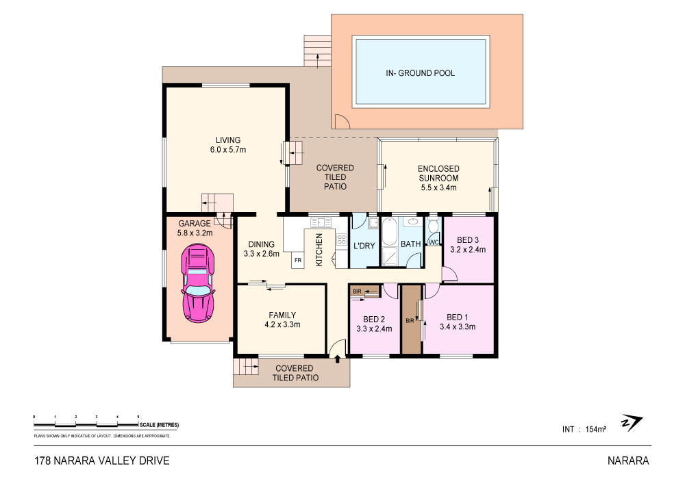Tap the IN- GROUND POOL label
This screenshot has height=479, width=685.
[x=421, y=73]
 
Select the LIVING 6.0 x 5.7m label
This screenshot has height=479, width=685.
[x=227, y=144]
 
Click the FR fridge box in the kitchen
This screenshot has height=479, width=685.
[x=297, y=261]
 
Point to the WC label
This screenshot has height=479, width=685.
[x=433, y=242]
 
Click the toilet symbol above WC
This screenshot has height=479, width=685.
[x=432, y=226]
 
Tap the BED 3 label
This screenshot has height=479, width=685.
[x=467, y=239]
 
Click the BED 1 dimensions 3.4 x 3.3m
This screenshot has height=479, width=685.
[x=458, y=326]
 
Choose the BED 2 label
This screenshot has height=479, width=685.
[x=374, y=319]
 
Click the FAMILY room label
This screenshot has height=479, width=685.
[x=282, y=315]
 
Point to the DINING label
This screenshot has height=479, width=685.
[x=261, y=244]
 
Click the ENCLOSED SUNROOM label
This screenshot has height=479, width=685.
[x=438, y=173]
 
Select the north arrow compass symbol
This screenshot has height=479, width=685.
[x=631, y=423]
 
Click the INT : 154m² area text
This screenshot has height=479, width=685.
[x=584, y=429]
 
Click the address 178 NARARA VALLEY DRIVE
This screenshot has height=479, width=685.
[x=101, y=461]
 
